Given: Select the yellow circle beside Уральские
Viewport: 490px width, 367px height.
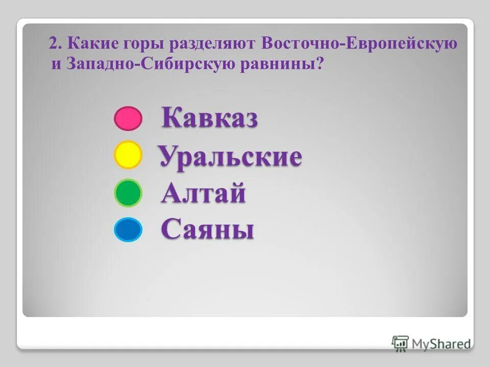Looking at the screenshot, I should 127,155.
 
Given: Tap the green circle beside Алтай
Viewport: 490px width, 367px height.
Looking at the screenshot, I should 127,193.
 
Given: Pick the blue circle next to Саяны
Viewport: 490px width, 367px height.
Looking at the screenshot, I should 127,230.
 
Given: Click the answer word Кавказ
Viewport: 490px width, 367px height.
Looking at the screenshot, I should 210,118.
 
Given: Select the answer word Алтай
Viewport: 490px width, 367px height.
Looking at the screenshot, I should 204,194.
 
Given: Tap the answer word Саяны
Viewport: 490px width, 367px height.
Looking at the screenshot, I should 208,230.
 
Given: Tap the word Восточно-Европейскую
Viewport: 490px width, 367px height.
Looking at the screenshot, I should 359,44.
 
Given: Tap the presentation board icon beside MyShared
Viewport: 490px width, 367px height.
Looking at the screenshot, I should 400,343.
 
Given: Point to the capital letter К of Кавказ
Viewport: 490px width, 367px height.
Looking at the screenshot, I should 171,118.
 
